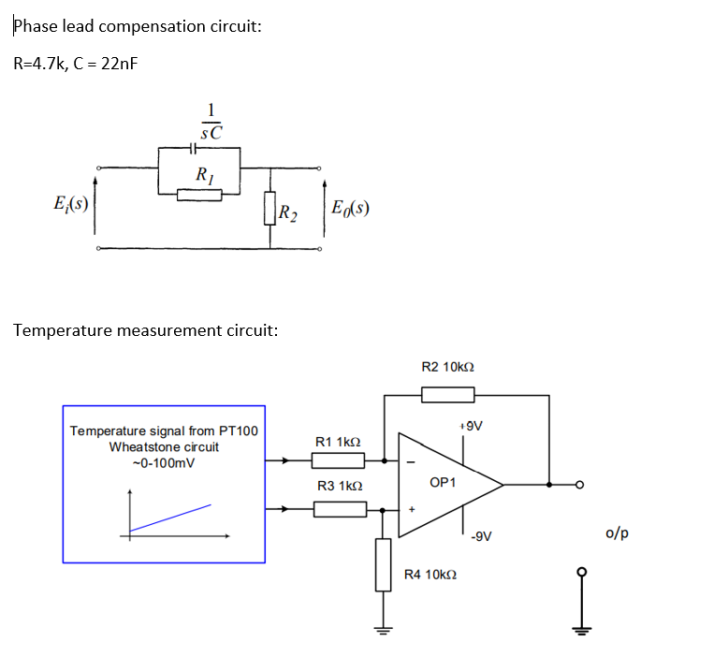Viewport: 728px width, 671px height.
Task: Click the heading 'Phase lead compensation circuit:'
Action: point(137,26)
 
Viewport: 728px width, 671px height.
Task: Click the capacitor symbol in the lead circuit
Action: point(194,148)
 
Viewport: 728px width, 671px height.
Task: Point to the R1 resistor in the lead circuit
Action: point(199,195)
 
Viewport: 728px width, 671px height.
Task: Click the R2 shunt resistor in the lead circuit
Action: point(270,209)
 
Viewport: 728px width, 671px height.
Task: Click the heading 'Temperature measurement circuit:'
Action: point(145,330)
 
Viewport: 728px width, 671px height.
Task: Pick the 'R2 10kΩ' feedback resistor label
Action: point(447,367)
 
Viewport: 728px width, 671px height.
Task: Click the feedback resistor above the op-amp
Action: point(447,396)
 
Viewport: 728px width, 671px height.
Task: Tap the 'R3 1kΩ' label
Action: point(338,487)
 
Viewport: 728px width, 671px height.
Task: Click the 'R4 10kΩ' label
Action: point(430,574)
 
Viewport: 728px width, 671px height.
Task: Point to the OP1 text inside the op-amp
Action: point(442,483)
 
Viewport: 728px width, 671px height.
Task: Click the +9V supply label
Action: point(471,426)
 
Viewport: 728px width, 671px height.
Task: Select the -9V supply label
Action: point(480,537)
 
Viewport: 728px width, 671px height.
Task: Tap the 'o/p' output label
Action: point(617,533)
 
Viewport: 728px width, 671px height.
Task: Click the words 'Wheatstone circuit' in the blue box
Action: point(164,446)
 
